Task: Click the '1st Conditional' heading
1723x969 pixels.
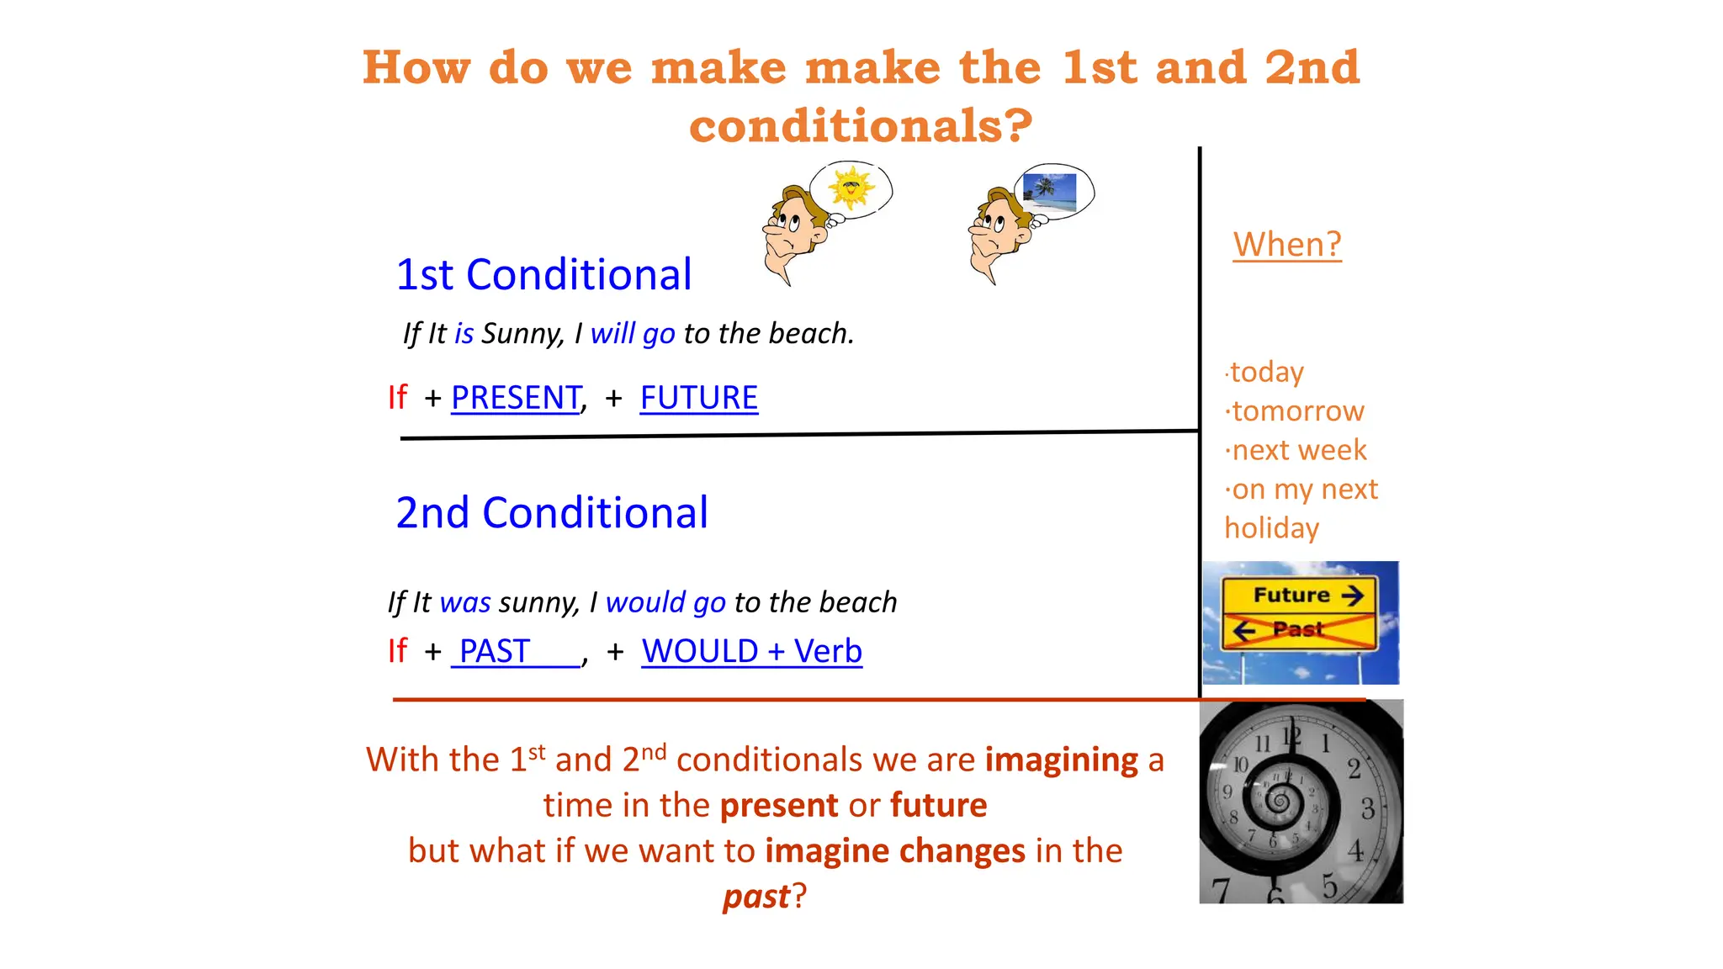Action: [x=543, y=275]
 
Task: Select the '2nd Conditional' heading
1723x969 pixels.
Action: [x=552, y=513]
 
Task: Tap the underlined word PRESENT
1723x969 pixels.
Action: [x=516, y=397]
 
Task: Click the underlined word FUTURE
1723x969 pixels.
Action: [x=698, y=397]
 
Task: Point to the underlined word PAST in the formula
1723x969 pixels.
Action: [x=495, y=651]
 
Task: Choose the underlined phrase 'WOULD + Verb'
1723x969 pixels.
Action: [x=751, y=651]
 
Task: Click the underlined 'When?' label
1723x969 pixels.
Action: [x=1286, y=245]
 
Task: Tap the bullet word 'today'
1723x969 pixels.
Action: [x=1267, y=372]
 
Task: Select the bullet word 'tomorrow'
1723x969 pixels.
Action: [x=1298, y=411]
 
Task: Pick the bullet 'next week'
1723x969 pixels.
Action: [x=1299, y=450]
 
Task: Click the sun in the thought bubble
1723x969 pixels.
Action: [x=851, y=188]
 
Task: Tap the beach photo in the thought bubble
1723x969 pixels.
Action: [x=1049, y=192]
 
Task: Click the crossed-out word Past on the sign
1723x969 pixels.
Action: [x=1297, y=629]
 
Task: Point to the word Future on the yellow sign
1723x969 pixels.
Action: [x=1291, y=596]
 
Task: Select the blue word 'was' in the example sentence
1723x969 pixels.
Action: [x=465, y=602]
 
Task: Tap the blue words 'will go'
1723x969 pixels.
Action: [x=633, y=334]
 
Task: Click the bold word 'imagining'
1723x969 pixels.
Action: [x=1062, y=760]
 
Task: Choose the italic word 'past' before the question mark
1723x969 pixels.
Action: [x=756, y=897]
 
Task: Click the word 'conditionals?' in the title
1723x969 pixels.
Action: [x=861, y=125]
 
